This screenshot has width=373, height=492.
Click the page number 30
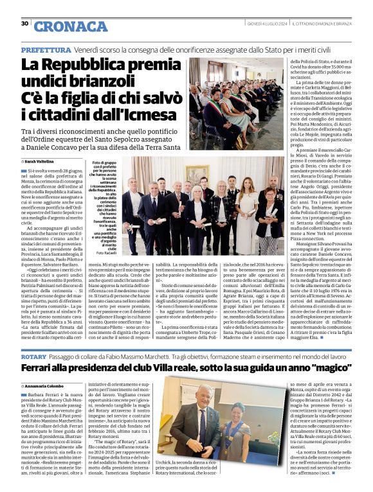click(x=24, y=24)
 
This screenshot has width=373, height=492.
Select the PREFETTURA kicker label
click(x=46, y=49)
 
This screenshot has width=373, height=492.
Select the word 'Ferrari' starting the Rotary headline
click(x=40, y=369)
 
